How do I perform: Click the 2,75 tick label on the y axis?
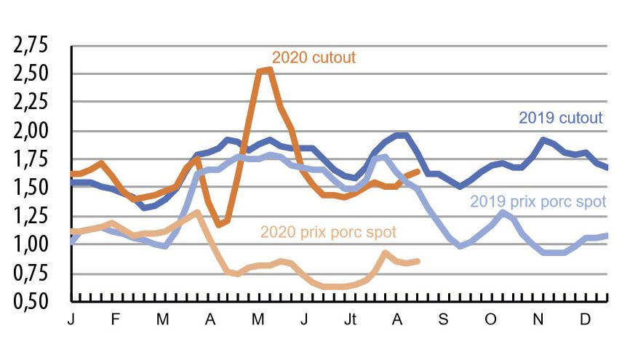pos(30,46)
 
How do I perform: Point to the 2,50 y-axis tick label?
pos(30,74)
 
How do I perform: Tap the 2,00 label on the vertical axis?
pos(30,132)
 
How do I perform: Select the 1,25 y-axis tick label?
pos(30,216)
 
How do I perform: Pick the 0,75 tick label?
pos(30,273)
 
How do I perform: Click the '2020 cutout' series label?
pos(314,57)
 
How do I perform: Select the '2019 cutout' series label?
pos(560,117)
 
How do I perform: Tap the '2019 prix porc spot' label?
pos(538,201)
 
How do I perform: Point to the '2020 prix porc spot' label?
pos(328,233)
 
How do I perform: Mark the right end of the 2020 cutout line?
pos(417,171)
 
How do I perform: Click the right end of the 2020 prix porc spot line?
pos(417,260)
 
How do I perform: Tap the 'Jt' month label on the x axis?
pos(351,320)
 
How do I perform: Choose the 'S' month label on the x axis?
pos(443,320)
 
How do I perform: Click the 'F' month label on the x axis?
pos(117,320)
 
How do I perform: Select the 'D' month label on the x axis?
pos(584,320)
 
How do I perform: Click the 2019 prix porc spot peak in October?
pos(502,212)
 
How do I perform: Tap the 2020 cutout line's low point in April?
pos(219,225)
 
